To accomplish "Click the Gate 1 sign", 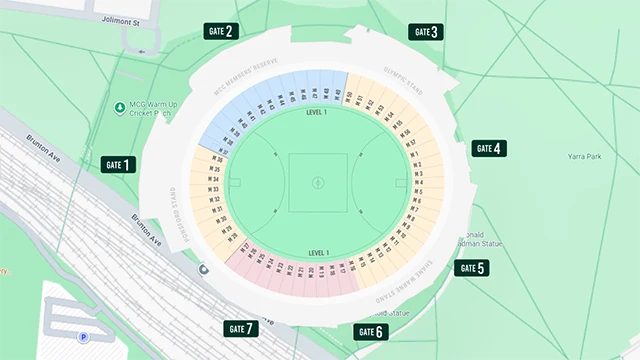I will pyautogui.click(x=118, y=165).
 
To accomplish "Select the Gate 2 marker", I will pyautogui.click(x=219, y=31).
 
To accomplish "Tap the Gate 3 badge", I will pyautogui.click(x=425, y=32).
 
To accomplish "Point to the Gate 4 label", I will pyautogui.click(x=490, y=148).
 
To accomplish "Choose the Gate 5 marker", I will pyautogui.click(x=472, y=268).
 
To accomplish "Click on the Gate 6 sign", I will pyautogui.click(x=370, y=332).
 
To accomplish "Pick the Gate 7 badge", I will pyautogui.click(x=240, y=328).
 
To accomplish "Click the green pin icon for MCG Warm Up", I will pyautogui.click(x=120, y=107).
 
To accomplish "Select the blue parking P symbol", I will pyautogui.click(x=83, y=338).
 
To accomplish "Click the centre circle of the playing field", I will pyautogui.click(x=318, y=182).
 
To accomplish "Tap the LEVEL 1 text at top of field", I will pyautogui.click(x=318, y=114).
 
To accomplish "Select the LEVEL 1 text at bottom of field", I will pyautogui.click(x=318, y=253).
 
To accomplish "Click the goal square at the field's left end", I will pyautogui.click(x=235, y=183).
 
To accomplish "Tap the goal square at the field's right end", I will pyautogui.click(x=401, y=183).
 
